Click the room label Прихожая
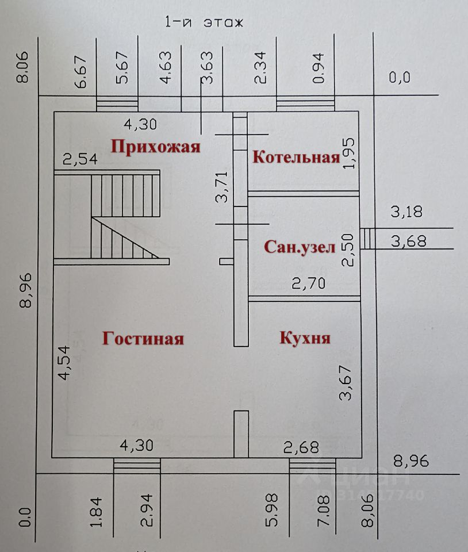[x=156, y=147]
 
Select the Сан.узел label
[x=299, y=247]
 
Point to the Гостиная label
[x=143, y=338]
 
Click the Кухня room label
[x=305, y=338]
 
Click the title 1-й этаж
[x=204, y=23]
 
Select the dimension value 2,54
[x=80, y=160]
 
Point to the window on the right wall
[x=366, y=239]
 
